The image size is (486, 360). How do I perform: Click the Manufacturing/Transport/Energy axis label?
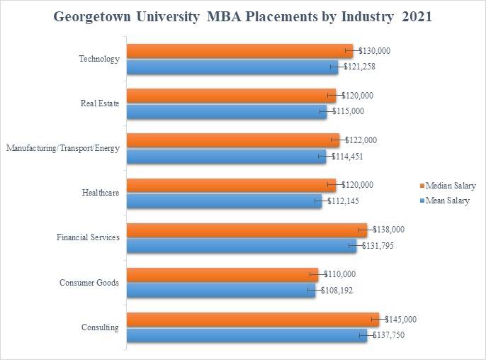pyautogui.click(x=62, y=148)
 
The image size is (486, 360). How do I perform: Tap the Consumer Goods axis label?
pyautogui.click(x=89, y=283)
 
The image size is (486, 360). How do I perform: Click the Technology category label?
pyautogui.click(x=99, y=59)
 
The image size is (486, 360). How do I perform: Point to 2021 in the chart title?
pyautogui.click(x=417, y=17)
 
